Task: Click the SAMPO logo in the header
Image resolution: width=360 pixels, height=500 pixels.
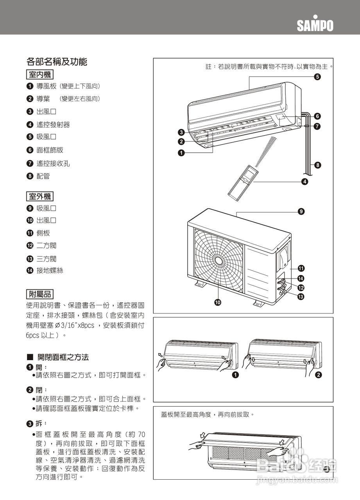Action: click(315, 25)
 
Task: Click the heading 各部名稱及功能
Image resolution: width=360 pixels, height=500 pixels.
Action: click(56, 62)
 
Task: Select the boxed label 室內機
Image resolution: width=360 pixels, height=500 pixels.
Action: click(40, 74)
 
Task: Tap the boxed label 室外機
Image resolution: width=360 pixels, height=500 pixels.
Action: click(40, 196)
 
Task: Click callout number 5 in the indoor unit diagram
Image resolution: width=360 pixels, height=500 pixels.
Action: click(317, 77)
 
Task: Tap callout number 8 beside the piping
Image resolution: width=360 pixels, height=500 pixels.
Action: click(317, 165)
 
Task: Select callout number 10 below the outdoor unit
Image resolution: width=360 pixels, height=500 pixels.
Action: click(217, 302)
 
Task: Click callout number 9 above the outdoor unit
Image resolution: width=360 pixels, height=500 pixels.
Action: click(301, 211)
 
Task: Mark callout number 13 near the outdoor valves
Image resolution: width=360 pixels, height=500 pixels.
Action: click(301, 297)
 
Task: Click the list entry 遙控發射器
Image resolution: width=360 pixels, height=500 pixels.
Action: click(53, 125)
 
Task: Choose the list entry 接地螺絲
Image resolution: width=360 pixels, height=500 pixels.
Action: click(50, 270)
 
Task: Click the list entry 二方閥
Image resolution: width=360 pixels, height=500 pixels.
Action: click(47, 246)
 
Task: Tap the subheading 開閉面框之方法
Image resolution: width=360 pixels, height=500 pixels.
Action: click(63, 357)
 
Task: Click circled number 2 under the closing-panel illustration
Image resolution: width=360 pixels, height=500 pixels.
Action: click(318, 375)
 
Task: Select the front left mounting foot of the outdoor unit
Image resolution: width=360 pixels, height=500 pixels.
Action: click(200, 285)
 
